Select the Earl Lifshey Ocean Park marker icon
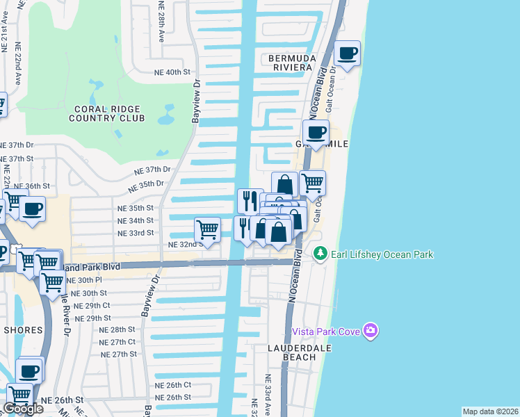(x=320, y=254)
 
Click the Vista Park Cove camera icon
(x=371, y=330)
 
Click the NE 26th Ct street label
(x=173, y=385)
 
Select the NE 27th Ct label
(x=117, y=342)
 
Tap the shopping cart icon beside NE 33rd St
(x=207, y=229)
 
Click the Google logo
(x=23, y=409)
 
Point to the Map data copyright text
(x=490, y=411)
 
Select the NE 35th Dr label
(x=145, y=185)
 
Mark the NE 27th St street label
(x=120, y=354)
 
